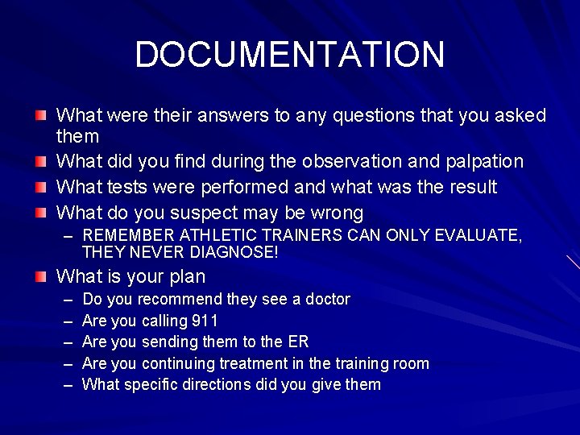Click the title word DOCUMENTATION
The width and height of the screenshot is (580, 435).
click(x=289, y=55)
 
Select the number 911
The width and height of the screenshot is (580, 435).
click(x=205, y=321)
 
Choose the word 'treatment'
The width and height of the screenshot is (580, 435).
click(x=269, y=363)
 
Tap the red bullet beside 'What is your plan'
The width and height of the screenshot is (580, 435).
click(x=41, y=277)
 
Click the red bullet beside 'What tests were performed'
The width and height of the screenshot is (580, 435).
click(x=41, y=188)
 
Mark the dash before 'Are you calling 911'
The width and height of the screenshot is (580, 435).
click(x=67, y=321)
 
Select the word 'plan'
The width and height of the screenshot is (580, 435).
click(x=187, y=277)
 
